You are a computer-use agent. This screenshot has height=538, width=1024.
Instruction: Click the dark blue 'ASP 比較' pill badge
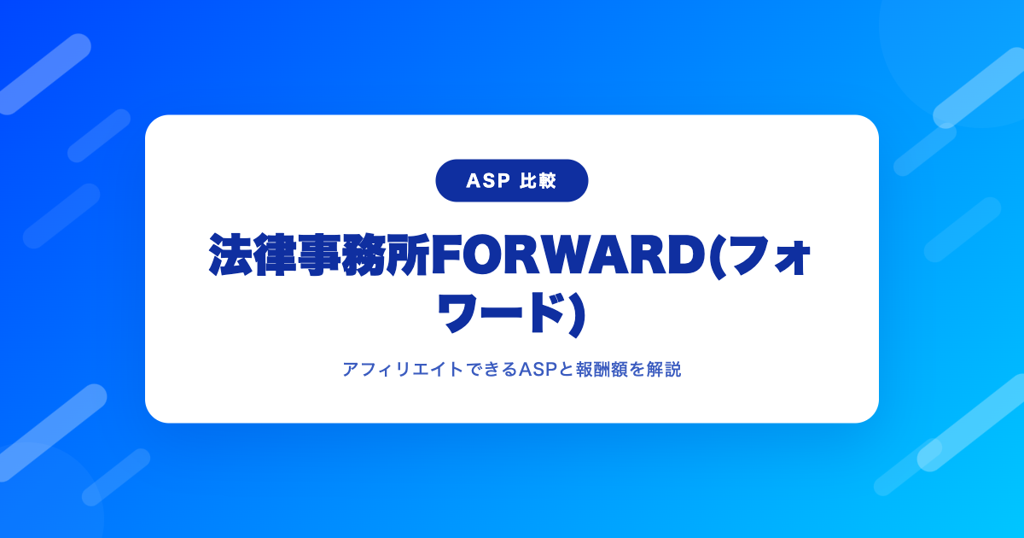click(x=511, y=181)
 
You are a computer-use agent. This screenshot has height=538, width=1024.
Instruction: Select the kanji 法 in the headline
click(x=230, y=254)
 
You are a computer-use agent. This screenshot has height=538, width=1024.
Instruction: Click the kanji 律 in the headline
click(x=275, y=254)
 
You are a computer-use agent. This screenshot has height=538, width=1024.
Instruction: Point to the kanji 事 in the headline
click(x=319, y=254)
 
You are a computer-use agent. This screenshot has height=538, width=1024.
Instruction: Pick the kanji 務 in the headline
click(x=364, y=254)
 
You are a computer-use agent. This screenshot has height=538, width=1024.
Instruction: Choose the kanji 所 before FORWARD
click(x=408, y=254)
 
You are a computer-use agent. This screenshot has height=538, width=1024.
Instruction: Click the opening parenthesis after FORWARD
click(x=717, y=256)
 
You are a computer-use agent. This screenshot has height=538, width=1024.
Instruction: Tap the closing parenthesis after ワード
click(x=578, y=315)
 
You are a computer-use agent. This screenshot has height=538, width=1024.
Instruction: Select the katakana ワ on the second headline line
click(x=459, y=314)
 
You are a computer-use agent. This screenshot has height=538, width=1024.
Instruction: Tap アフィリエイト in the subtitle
click(x=403, y=369)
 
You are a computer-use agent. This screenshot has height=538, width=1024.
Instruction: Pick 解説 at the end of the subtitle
click(x=664, y=369)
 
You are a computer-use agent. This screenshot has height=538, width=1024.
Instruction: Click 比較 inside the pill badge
click(x=538, y=181)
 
